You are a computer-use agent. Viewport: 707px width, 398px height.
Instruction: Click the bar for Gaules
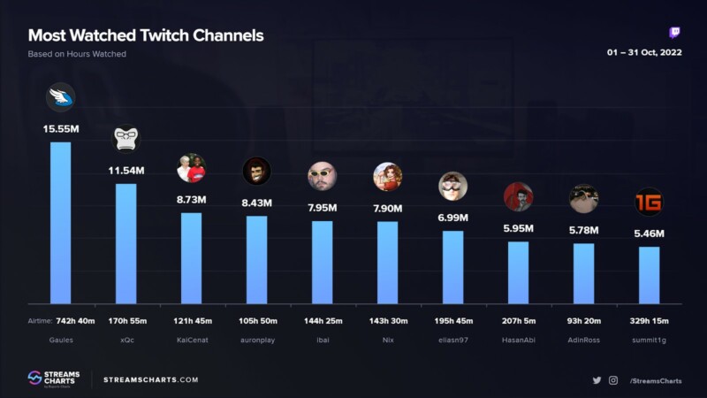[x=60, y=223]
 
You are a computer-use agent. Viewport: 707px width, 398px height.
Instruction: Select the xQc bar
[x=125, y=244]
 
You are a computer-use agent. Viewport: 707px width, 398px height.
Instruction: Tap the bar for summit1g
[x=649, y=275]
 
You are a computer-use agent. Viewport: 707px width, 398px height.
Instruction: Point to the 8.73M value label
[x=191, y=200]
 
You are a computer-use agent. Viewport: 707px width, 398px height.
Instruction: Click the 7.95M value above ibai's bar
[x=322, y=208]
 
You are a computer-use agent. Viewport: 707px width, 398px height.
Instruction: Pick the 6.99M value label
[x=452, y=218]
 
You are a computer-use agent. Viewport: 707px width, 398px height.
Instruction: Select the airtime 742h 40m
[x=75, y=321]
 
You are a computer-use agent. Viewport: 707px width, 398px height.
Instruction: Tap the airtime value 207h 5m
[x=519, y=321]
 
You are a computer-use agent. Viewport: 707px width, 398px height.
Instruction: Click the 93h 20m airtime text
[x=584, y=321]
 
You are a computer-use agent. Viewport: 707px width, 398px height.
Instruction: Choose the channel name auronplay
[x=257, y=340]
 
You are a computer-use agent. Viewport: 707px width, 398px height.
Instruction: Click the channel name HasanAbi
[x=519, y=340]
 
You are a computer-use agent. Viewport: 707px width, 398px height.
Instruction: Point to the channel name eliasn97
[x=453, y=340]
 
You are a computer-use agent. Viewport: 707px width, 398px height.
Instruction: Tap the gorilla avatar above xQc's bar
[x=125, y=139]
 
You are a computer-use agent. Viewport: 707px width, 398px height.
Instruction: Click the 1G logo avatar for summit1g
[x=649, y=202]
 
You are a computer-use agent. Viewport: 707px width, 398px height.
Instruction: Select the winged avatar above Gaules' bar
[x=60, y=97]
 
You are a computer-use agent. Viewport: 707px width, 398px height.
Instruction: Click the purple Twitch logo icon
[x=674, y=33]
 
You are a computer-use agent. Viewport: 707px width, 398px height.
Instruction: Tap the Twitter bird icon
[x=597, y=380]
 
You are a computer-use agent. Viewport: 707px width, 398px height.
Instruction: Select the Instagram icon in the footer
[x=613, y=380]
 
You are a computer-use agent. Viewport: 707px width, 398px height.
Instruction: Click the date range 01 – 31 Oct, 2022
[x=644, y=52]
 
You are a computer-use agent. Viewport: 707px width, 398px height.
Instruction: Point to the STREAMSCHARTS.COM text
[x=150, y=380]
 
